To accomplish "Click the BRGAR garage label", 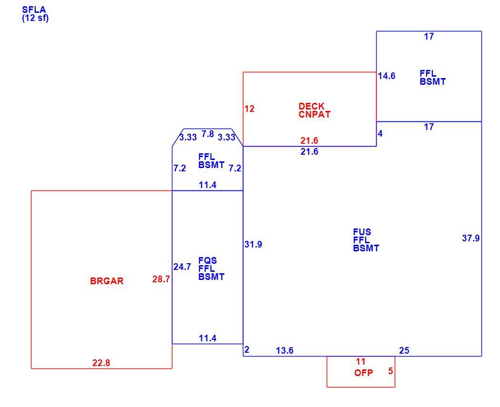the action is tap(107, 281).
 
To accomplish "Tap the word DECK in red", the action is tap(311, 106).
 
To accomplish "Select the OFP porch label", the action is tap(363, 373).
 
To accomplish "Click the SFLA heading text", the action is tap(34, 10).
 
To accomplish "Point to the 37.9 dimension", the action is tap(470, 238).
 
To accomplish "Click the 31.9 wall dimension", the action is tap(253, 245).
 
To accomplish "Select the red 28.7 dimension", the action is tap(161, 279).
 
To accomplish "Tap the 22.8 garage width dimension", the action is tap(101, 363).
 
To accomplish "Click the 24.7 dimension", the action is tap(182, 267).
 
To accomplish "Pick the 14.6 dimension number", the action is tap(387, 76).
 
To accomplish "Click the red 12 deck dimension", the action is tap(250, 109).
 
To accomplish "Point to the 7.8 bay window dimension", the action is tap(208, 134).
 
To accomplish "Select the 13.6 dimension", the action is tap(284, 350).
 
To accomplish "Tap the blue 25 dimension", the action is tap(404, 350).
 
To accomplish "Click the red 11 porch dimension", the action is tap(360, 362).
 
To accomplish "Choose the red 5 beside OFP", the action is tap(390, 371).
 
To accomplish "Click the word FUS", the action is tap(362, 232).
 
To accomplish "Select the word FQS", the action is tap(207, 260).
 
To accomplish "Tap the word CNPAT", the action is tap(314, 114).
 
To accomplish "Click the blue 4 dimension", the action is tap(380, 134).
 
